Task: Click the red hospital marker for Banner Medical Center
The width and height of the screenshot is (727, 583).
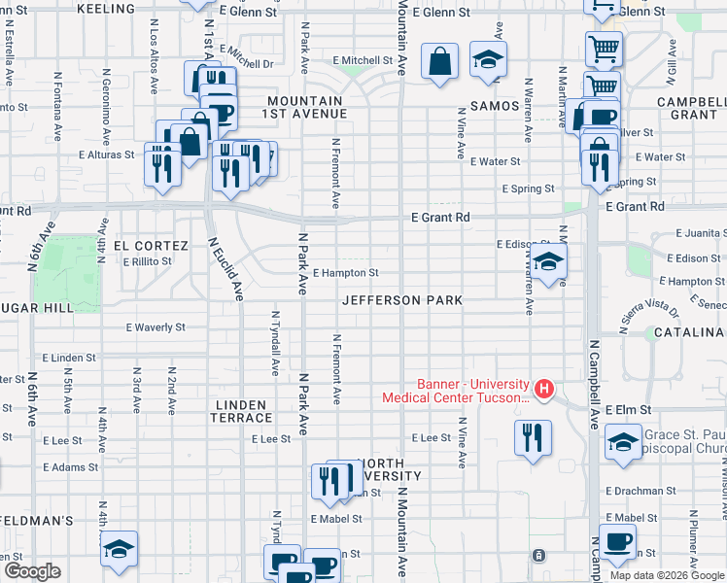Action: [x=544, y=390]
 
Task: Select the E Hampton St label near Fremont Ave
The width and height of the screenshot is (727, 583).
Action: [x=345, y=274]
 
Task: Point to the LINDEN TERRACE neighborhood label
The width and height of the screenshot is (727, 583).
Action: [x=242, y=411]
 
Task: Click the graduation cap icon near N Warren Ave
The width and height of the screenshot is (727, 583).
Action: [x=548, y=261]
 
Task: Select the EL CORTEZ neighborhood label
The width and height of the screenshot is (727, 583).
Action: [x=144, y=246]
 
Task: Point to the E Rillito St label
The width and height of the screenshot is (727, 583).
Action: [x=147, y=260]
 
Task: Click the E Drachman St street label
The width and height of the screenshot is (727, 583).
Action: [x=640, y=492]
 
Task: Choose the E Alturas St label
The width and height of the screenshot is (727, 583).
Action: [x=108, y=154]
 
